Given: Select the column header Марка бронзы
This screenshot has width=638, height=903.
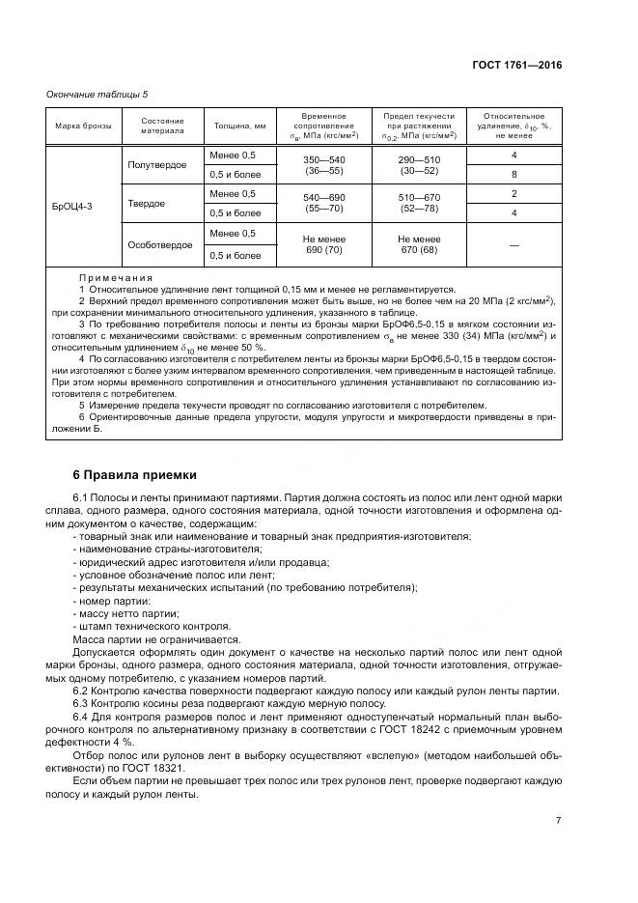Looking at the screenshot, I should (x=82, y=126).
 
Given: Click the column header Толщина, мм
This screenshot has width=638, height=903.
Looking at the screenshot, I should (x=239, y=126).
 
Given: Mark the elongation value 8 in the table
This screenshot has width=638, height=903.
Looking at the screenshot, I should (x=513, y=175).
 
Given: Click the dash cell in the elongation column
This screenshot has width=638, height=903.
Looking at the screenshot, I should (x=513, y=245).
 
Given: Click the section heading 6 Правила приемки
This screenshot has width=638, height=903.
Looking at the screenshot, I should (x=135, y=474).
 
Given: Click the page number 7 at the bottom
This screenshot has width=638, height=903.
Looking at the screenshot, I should (x=558, y=820).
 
